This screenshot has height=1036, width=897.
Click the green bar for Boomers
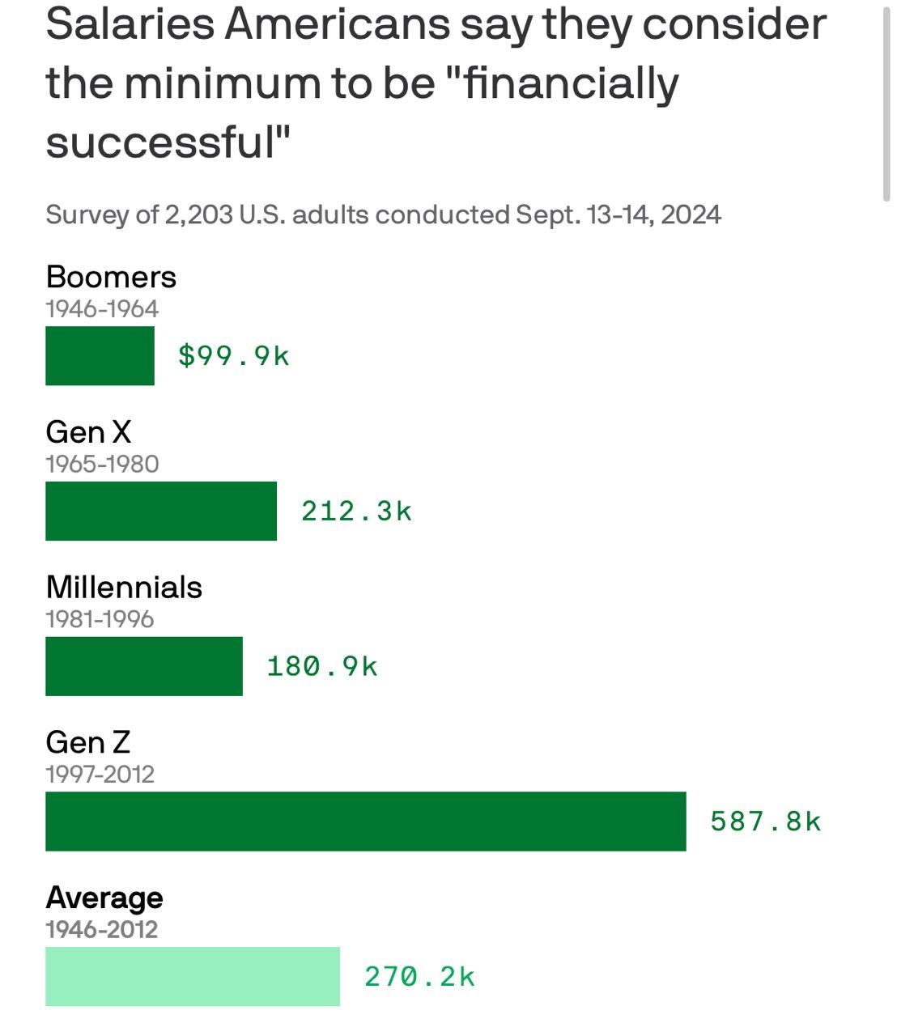point(100,355)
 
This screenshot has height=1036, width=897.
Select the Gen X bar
point(161,511)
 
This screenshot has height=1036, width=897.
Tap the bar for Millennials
point(144,666)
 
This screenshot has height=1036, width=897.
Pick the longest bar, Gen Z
point(365,822)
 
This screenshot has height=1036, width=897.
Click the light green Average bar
point(193,977)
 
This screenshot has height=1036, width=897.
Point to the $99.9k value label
point(234,355)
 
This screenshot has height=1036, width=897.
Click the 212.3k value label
point(357,511)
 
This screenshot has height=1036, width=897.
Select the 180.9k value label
point(322,666)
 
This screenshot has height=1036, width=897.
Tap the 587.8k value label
point(766,822)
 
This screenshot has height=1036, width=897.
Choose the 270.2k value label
point(419,977)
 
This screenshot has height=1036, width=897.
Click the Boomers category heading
point(111,277)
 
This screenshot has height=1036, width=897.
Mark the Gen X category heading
point(88,432)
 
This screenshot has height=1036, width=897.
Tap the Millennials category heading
point(124,588)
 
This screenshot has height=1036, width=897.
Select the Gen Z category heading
point(87,742)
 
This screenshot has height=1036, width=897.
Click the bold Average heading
point(104,898)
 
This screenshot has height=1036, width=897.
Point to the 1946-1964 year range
point(102,308)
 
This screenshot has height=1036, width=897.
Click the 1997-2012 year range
point(100,775)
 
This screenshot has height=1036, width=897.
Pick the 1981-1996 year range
point(100,619)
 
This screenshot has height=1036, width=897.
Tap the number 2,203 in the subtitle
point(198,215)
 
